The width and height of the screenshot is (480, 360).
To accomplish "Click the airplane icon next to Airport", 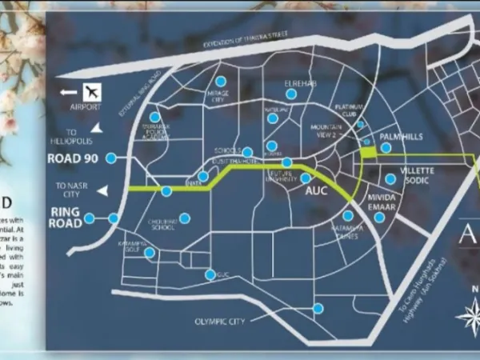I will [x=92, y=91].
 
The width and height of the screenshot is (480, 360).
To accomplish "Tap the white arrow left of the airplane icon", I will [x=67, y=92].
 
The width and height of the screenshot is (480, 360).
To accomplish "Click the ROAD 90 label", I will [x=72, y=158].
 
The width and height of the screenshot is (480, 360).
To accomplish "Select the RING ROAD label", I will [x=66, y=218].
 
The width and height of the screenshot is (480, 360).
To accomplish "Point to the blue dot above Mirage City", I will [x=222, y=82].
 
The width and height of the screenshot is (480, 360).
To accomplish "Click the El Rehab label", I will [x=302, y=83].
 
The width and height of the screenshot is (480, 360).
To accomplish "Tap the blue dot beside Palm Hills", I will [x=386, y=148].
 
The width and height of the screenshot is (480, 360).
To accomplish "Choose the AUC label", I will [x=318, y=193].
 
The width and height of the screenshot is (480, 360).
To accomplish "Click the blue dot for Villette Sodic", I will [x=390, y=179].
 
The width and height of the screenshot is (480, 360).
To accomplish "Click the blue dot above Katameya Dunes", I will [x=348, y=216].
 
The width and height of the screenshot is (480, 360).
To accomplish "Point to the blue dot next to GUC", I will [x=210, y=275].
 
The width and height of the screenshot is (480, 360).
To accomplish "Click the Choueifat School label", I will [x=162, y=226].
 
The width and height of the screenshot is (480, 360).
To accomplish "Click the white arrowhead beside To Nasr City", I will [x=101, y=190].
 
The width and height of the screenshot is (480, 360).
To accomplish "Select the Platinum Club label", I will [x=350, y=110].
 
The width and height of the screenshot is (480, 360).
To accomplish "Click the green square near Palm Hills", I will [x=368, y=152].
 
